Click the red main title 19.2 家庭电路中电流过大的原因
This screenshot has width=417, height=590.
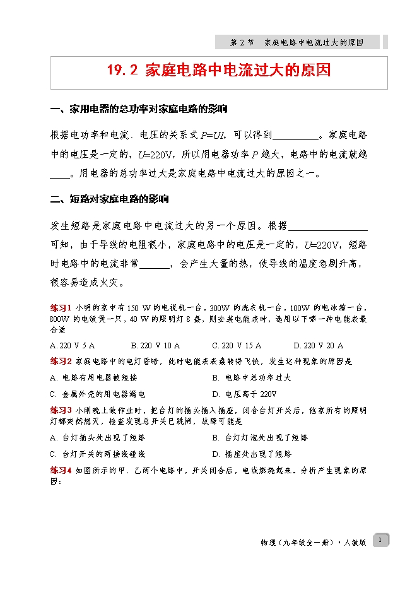point(219,71)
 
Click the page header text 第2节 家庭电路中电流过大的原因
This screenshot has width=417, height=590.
point(297,42)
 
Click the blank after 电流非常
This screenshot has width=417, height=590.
point(155,265)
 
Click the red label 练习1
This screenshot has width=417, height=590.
point(61,307)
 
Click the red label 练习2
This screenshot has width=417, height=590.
point(61,362)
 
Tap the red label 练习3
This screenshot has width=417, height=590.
point(61,410)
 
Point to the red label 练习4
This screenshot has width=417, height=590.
point(61,470)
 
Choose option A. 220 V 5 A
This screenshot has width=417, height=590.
point(73,346)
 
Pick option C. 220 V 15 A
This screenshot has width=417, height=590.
point(237,346)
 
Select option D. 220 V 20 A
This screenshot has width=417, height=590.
point(319,346)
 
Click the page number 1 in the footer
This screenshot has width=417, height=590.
point(380,540)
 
